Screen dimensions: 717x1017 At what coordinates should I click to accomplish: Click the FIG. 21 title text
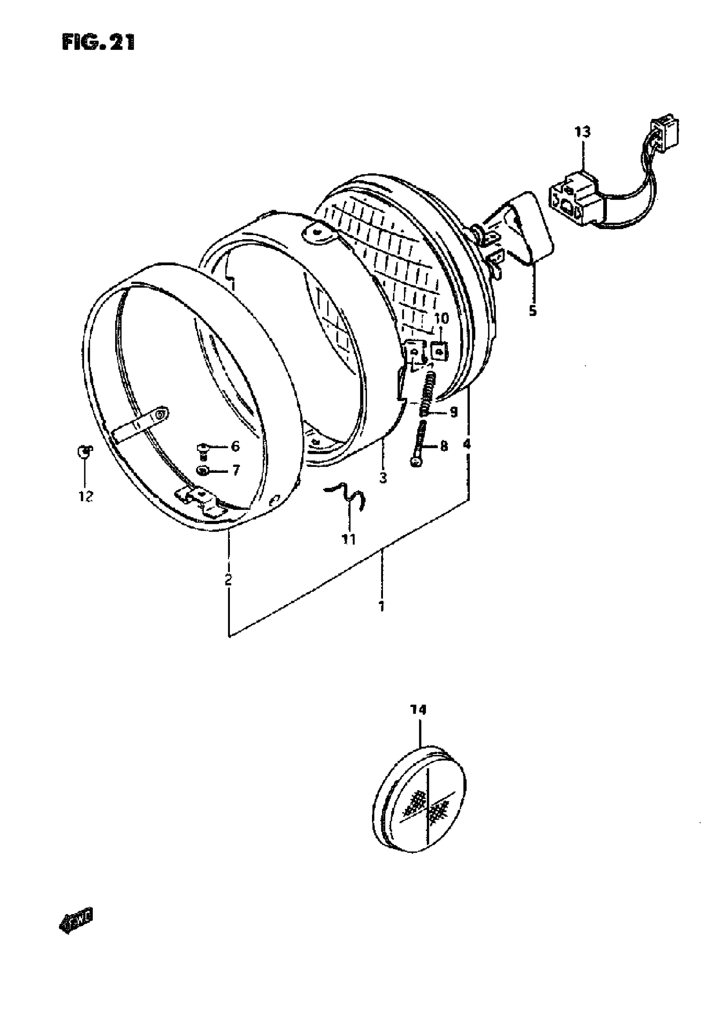click(x=98, y=43)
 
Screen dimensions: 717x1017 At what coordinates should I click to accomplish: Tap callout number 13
click(x=582, y=132)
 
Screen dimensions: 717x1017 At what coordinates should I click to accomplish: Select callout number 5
click(x=532, y=310)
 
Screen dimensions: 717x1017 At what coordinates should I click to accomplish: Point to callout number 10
click(x=441, y=318)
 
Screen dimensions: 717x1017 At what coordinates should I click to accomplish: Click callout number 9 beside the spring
click(x=453, y=412)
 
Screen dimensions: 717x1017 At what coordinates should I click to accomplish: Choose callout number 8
click(x=444, y=446)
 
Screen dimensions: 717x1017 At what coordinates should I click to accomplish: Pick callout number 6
click(x=235, y=446)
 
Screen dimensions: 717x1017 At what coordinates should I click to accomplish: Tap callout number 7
click(x=236, y=470)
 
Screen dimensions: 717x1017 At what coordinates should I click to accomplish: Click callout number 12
click(x=86, y=496)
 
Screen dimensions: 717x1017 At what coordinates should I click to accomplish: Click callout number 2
click(x=229, y=579)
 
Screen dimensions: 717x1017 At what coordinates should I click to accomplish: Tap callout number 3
click(x=383, y=477)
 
